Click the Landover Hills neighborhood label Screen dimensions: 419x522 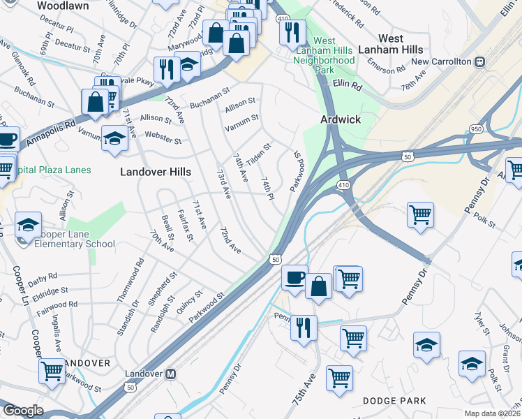click(155, 172)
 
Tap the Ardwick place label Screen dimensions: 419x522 click(341, 119)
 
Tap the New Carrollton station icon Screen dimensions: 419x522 click(479, 61)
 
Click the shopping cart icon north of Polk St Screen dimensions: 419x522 click(421, 215)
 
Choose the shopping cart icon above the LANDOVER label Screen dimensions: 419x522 click(52, 372)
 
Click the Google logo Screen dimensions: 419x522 click(22, 411)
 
